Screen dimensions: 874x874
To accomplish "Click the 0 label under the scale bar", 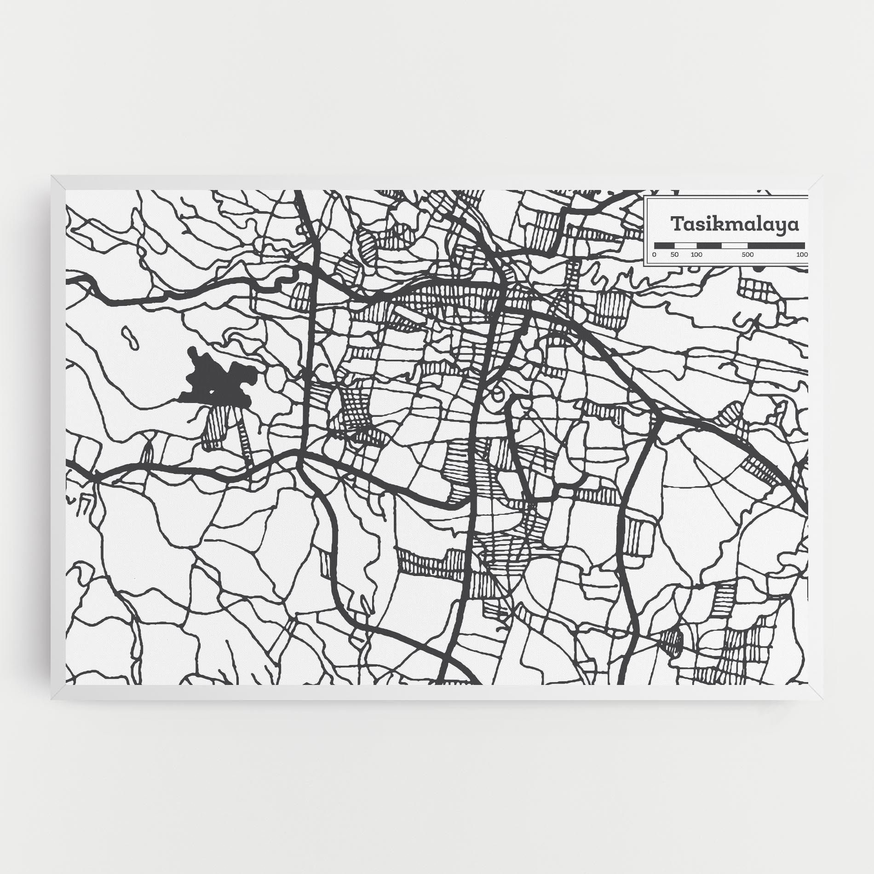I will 654,254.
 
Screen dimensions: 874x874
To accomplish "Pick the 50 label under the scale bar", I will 674,254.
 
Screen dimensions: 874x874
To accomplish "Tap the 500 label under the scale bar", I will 747,254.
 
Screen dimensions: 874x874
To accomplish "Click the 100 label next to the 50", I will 696,254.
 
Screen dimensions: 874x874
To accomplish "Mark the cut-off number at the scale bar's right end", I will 802,254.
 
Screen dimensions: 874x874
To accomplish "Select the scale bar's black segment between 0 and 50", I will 664,246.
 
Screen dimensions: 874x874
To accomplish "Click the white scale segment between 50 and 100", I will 685,246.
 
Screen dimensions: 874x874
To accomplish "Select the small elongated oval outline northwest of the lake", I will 130,338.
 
